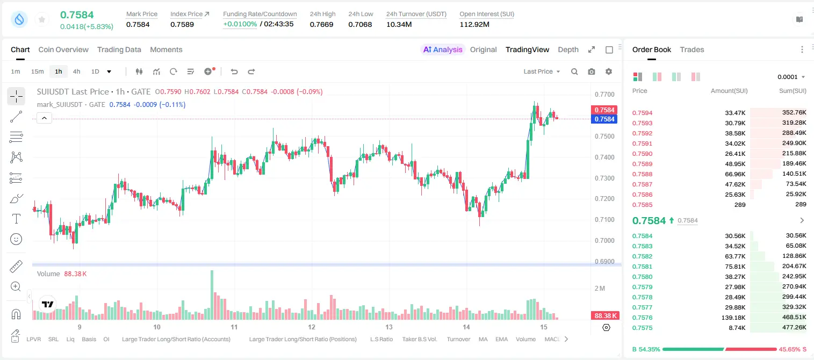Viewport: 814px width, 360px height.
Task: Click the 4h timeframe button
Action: click(76, 71)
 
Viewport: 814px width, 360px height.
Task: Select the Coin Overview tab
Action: click(63, 49)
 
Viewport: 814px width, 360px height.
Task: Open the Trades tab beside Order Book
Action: click(692, 49)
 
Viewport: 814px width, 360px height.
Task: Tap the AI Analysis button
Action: click(443, 49)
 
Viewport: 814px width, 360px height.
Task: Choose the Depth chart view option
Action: click(568, 49)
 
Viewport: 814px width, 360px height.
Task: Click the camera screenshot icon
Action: click(592, 71)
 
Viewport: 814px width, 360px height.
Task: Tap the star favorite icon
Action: click(42, 19)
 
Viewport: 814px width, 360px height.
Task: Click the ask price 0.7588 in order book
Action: click(642, 174)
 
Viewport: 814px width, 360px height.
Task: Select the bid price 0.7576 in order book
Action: click(642, 318)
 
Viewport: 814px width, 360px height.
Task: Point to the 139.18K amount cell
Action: click(733, 318)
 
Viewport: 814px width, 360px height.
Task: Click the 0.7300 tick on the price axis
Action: click(604, 178)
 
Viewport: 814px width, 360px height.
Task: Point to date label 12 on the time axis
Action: click(312, 327)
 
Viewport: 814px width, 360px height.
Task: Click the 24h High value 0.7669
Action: click(321, 24)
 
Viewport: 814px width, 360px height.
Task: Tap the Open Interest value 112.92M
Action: click(474, 24)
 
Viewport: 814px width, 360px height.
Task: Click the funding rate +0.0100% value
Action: click(240, 24)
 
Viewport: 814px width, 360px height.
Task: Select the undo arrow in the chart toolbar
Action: click(234, 71)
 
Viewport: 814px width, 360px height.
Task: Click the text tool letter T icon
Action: click(16, 219)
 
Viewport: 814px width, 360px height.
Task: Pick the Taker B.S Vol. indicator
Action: click(419, 339)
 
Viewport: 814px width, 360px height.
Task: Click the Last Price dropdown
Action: click(542, 71)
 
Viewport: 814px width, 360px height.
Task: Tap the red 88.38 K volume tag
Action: click(604, 316)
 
